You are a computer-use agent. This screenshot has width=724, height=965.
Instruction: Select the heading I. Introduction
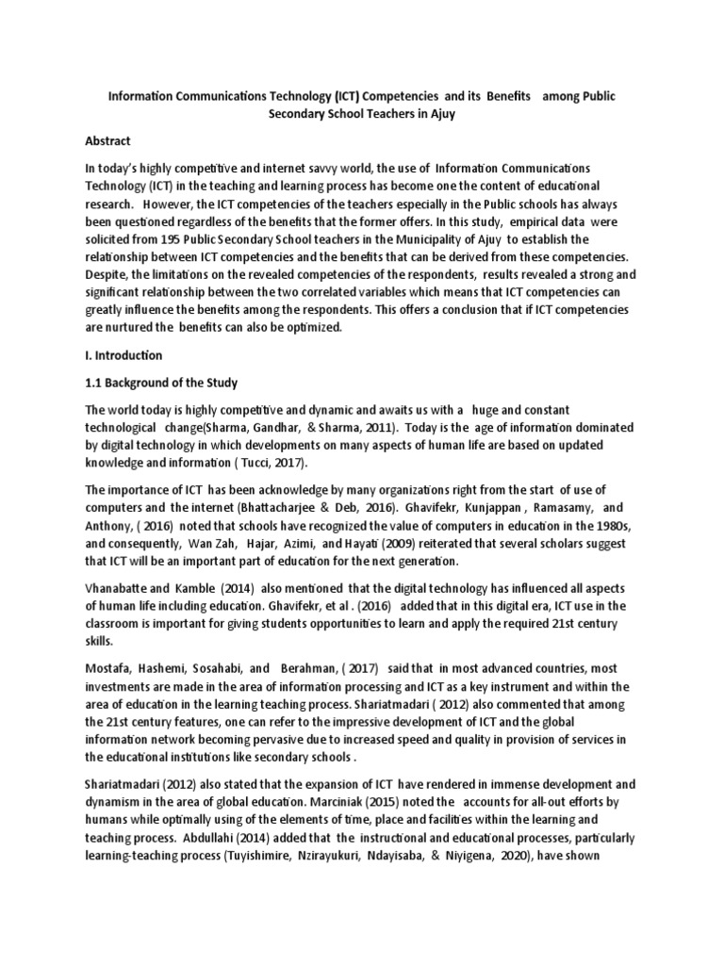tap(123, 355)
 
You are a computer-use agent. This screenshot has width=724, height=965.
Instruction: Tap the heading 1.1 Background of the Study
tap(161, 383)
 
